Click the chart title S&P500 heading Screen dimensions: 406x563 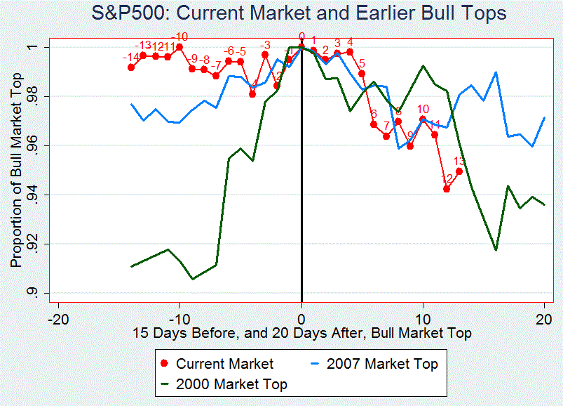click(x=299, y=13)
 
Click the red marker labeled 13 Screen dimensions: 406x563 click(x=459, y=171)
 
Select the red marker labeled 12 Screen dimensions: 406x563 click(x=447, y=188)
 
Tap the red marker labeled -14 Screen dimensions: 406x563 click(x=131, y=67)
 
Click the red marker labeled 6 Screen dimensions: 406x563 click(x=374, y=124)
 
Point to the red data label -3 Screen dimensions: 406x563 click(x=265, y=45)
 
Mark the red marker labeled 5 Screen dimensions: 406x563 click(x=362, y=74)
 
